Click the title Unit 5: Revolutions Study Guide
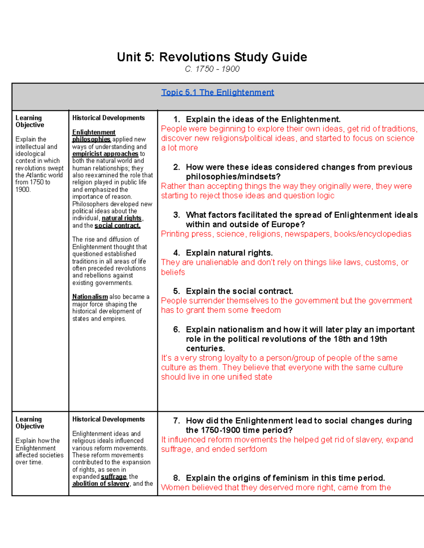click(x=212, y=57)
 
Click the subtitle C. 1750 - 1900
click(x=212, y=69)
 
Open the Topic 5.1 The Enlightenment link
click(x=217, y=92)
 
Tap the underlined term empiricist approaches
click(x=105, y=154)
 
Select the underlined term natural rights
click(x=122, y=218)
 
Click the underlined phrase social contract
click(x=118, y=225)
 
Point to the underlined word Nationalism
click(x=90, y=297)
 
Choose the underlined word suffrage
click(x=113, y=477)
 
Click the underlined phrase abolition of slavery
click(x=101, y=484)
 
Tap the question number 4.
click(x=176, y=253)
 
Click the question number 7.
click(x=176, y=421)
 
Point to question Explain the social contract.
click(x=239, y=291)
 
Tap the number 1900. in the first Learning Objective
click(x=23, y=189)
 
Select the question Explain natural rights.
click(x=229, y=253)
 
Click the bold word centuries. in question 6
click(x=205, y=349)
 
